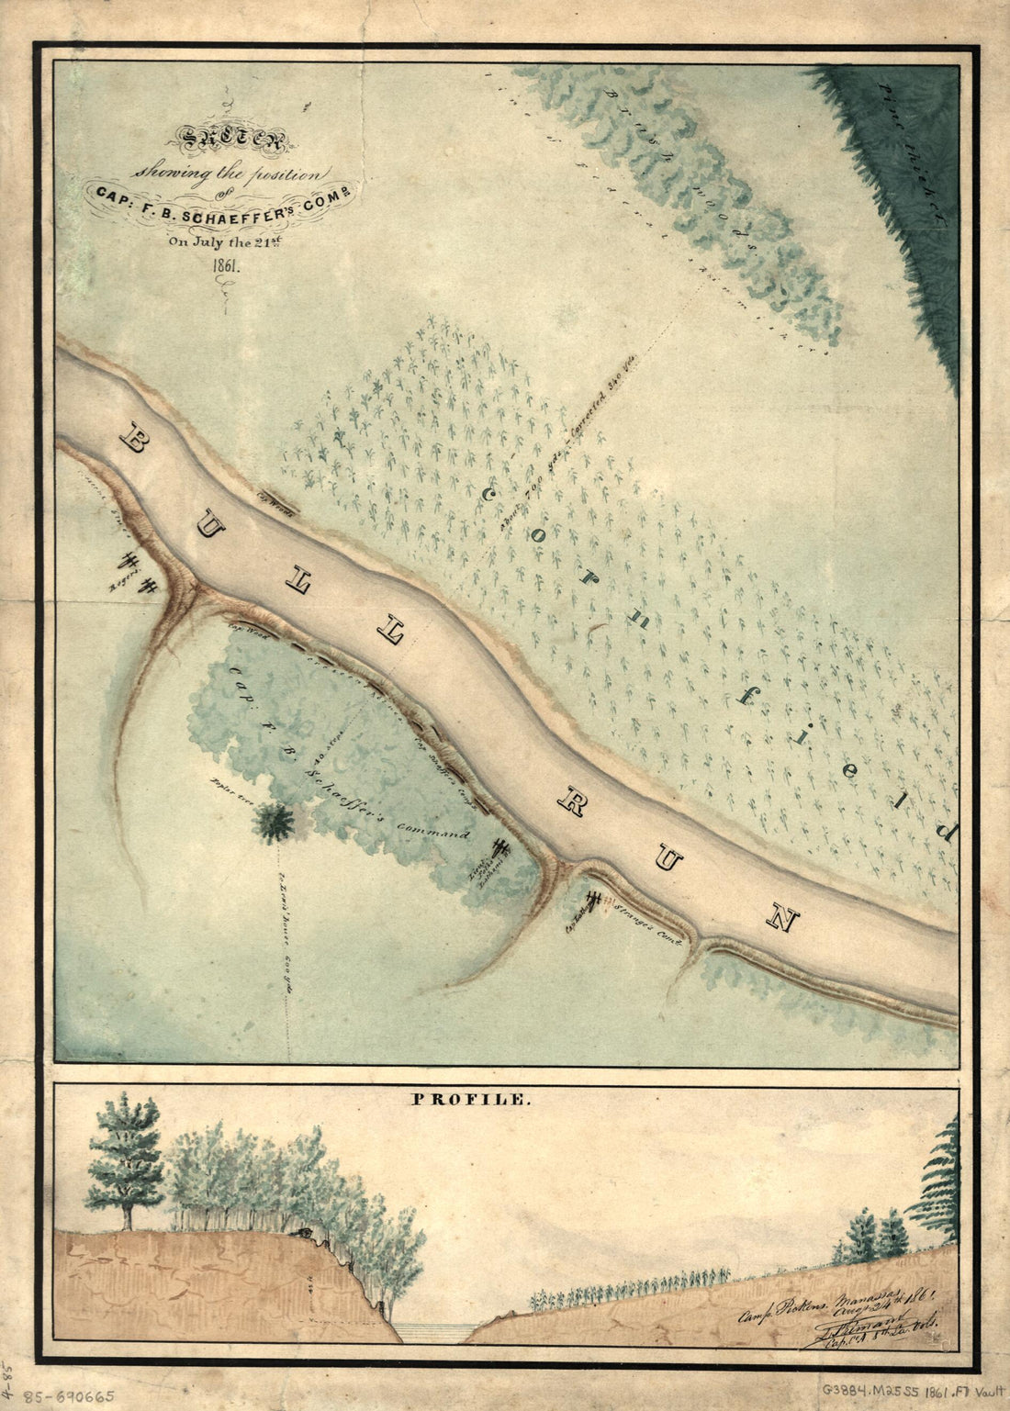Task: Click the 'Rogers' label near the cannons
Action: [x=123, y=583]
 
